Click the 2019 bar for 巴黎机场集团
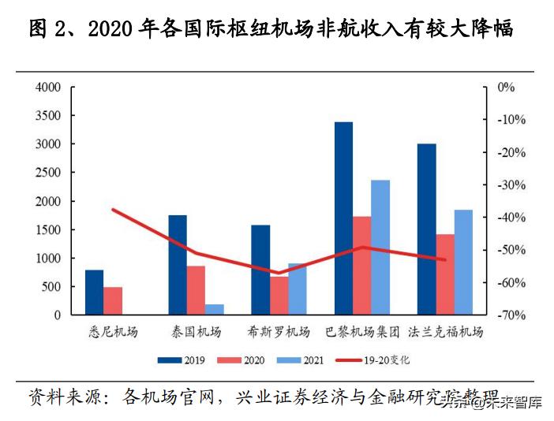(343, 218)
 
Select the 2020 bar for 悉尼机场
(113, 300)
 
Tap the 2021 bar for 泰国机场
(215, 309)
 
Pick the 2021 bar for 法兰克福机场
(463, 262)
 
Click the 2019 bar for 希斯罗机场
(260, 270)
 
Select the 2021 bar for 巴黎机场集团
(380, 248)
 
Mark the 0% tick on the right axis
(506, 88)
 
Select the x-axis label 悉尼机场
(113, 331)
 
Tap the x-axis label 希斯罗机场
(279, 331)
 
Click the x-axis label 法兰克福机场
(445, 331)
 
